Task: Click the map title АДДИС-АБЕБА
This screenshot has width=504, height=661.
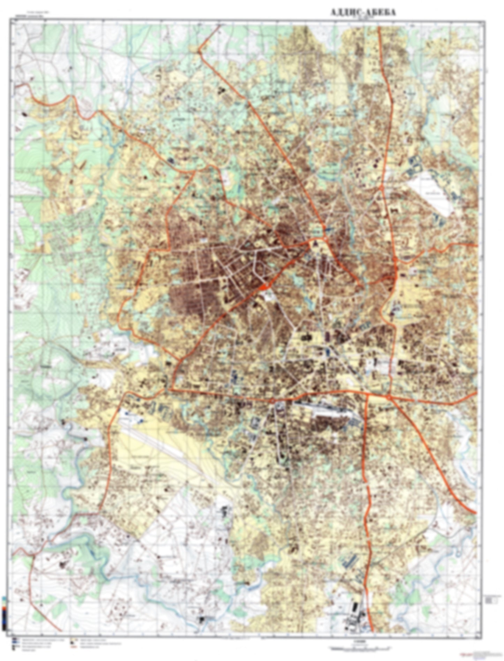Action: click(363, 13)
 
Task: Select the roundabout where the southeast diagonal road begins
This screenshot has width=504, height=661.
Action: click(389, 397)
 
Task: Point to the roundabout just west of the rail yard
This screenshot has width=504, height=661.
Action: click(278, 404)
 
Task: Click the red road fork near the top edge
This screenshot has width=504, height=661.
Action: click(199, 52)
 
